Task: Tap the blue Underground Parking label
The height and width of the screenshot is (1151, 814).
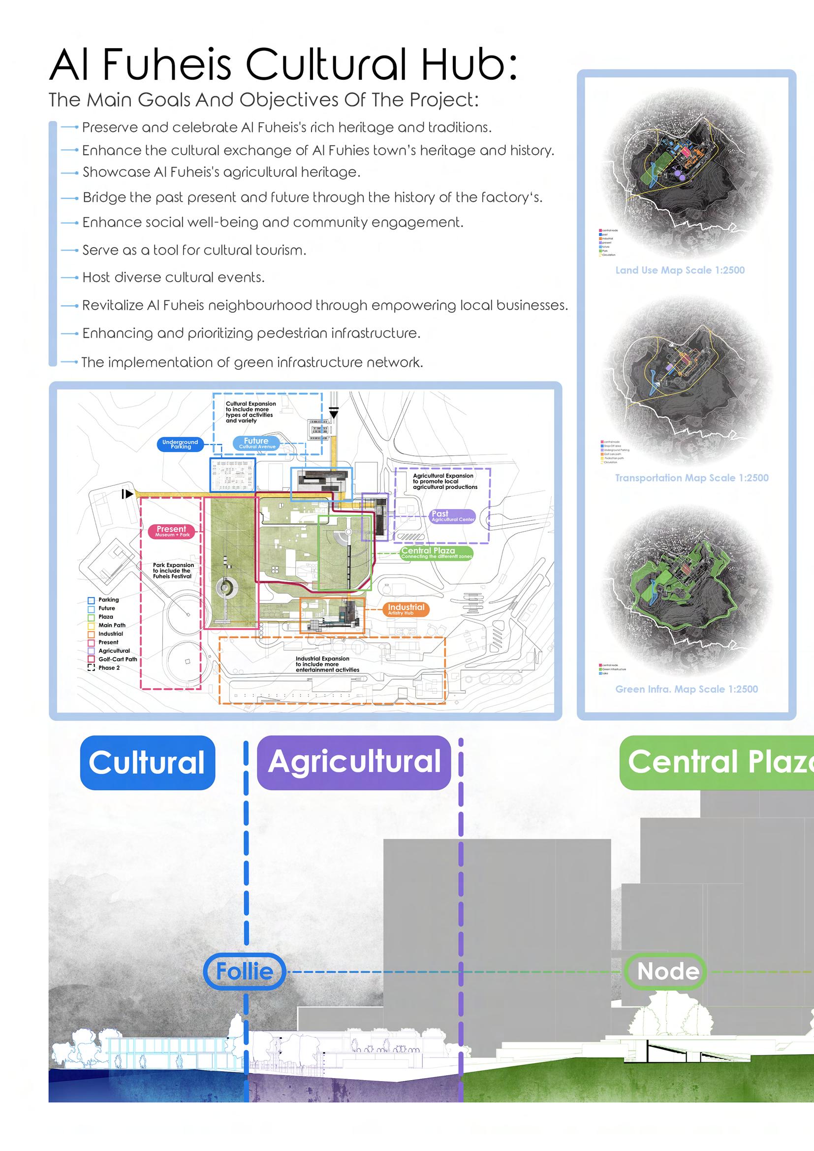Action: (x=180, y=444)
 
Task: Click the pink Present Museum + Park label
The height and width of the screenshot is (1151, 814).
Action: (x=171, y=531)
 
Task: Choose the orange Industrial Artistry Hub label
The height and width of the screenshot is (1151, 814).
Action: (x=405, y=609)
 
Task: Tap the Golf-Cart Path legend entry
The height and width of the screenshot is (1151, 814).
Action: (x=117, y=659)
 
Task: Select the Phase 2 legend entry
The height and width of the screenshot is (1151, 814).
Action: (x=109, y=668)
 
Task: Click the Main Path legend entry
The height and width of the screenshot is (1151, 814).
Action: (x=112, y=625)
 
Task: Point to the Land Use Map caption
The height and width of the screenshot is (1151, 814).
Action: (x=680, y=270)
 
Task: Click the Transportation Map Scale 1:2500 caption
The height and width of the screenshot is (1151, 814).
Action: (x=691, y=478)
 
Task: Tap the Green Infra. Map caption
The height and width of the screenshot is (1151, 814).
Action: (x=686, y=689)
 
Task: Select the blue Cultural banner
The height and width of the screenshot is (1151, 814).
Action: (x=147, y=763)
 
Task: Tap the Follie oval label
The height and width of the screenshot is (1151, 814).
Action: (x=245, y=971)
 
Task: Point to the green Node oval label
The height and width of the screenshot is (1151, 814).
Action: (x=668, y=971)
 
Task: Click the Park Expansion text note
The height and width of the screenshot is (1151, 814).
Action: (x=173, y=571)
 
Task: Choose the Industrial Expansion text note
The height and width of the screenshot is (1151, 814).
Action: (x=327, y=664)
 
